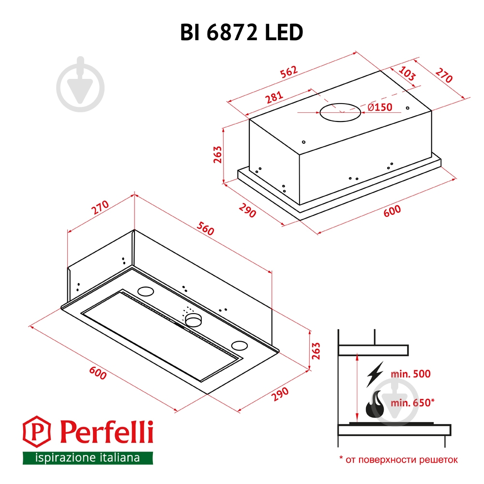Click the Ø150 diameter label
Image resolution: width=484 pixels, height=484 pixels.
point(380,107)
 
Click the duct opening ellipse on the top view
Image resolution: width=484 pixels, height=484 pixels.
point(340,113)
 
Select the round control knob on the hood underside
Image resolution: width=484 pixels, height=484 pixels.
point(193,319)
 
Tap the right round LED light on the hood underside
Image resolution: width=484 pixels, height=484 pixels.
point(239,346)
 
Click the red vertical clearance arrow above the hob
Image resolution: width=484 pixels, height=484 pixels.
point(357,387)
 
